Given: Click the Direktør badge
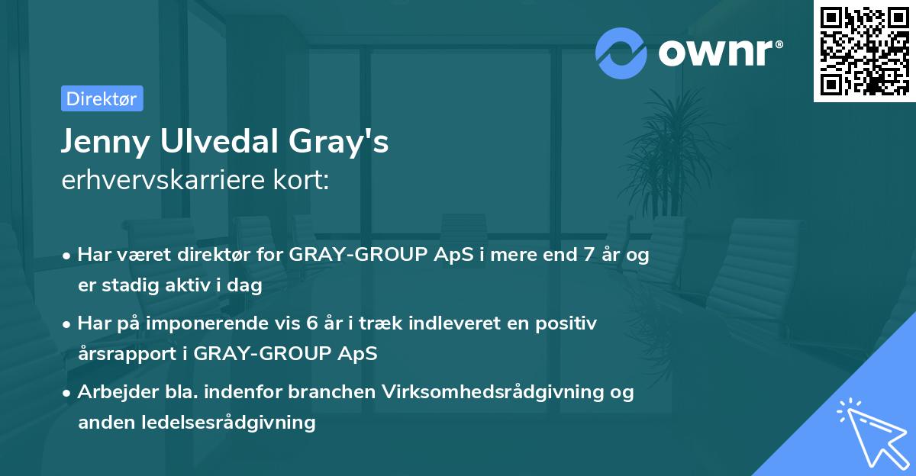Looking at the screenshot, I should click(102, 98).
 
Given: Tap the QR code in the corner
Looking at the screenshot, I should click(864, 50).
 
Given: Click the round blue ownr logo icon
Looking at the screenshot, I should click(621, 53).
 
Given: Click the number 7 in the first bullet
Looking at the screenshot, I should click(588, 256).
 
